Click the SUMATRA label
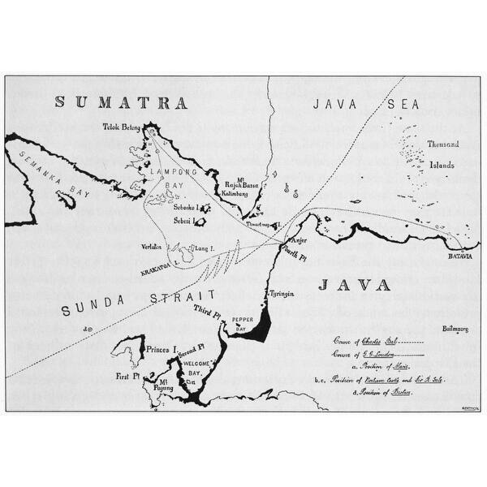(121, 103)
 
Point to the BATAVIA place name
(460, 256)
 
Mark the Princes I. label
(163, 349)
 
